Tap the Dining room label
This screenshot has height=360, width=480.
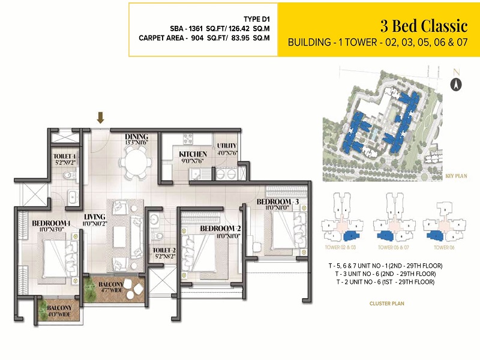(137, 136)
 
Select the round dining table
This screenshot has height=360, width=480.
(136, 161)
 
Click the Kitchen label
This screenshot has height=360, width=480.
(193, 154)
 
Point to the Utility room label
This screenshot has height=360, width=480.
(227, 146)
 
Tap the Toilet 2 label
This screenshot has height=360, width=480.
(163, 250)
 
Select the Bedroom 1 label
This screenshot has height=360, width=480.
(52, 224)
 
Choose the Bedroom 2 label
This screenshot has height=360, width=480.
(220, 229)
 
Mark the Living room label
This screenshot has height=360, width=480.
(95, 217)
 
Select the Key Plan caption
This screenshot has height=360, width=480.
(457, 176)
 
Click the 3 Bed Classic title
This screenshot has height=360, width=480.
(424, 26)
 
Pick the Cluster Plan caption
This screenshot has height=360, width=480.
(386, 304)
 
